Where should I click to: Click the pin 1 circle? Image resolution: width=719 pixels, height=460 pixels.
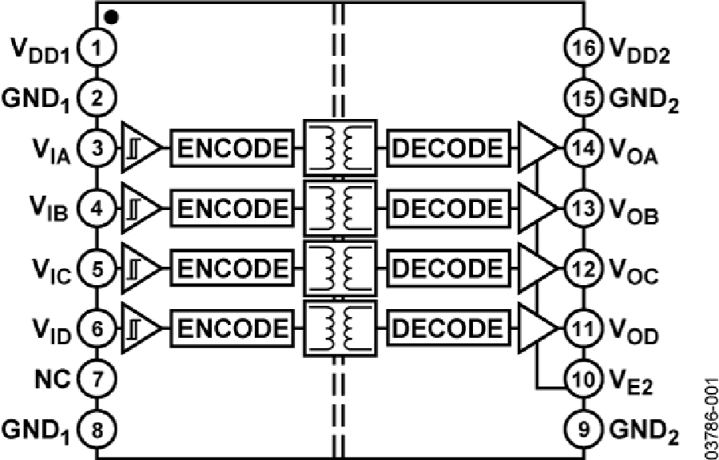97,49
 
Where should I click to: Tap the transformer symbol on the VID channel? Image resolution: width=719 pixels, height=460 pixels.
339,327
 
